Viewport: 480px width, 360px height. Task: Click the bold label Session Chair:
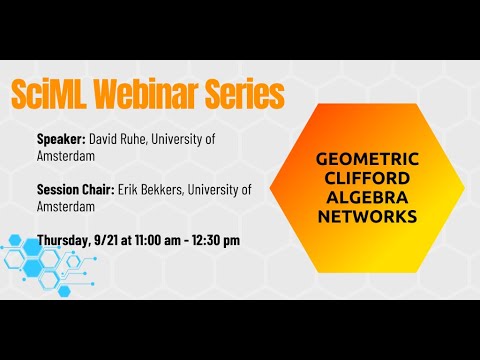pyautogui.click(x=81, y=189)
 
